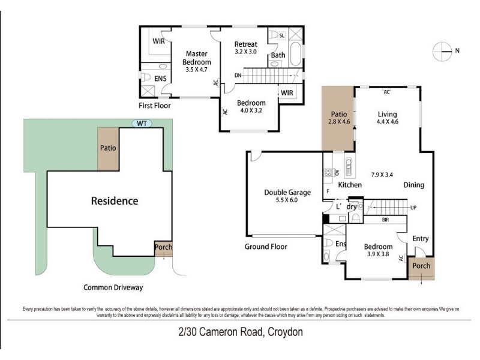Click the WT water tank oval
[x=142, y=124]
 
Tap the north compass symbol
[x=442, y=52]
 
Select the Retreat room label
[x=245, y=44]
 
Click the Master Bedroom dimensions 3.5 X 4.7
[x=197, y=70]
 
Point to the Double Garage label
[x=287, y=192]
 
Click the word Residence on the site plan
[x=115, y=201]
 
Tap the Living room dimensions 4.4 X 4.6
[x=388, y=122]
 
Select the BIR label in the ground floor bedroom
[x=385, y=220]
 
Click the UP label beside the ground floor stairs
[x=413, y=208]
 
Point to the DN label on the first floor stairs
[x=238, y=76]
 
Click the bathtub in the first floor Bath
[x=295, y=54]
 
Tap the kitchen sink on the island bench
[x=349, y=167]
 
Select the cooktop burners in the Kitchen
[x=328, y=172]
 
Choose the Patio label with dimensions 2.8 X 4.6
[x=339, y=118]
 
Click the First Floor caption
[x=155, y=106]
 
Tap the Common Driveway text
[x=113, y=287]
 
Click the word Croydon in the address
[x=286, y=332]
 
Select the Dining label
[x=414, y=185]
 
